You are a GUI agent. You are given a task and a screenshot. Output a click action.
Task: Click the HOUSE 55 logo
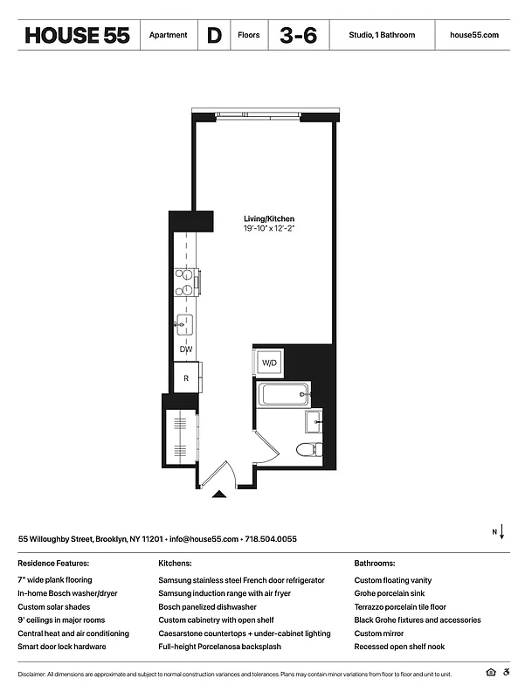(77, 35)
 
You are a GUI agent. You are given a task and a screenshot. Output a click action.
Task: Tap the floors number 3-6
(298, 35)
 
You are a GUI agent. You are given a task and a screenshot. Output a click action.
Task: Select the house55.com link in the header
(473, 35)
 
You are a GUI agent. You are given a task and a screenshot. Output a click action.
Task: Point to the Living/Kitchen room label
(268, 218)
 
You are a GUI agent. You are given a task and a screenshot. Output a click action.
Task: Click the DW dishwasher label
(186, 349)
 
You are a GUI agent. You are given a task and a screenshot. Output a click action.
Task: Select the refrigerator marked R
(186, 378)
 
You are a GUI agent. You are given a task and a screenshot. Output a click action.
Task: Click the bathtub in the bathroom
(281, 395)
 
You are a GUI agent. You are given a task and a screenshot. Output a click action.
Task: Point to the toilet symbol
(308, 450)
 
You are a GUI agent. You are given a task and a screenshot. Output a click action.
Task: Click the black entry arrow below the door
(219, 495)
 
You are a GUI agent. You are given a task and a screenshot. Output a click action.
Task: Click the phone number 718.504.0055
(271, 539)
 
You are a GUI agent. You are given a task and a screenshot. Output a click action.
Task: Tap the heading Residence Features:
(53, 564)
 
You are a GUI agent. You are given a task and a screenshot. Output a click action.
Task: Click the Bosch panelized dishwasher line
(207, 606)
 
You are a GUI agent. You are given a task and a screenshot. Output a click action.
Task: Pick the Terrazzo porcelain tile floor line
(400, 606)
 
